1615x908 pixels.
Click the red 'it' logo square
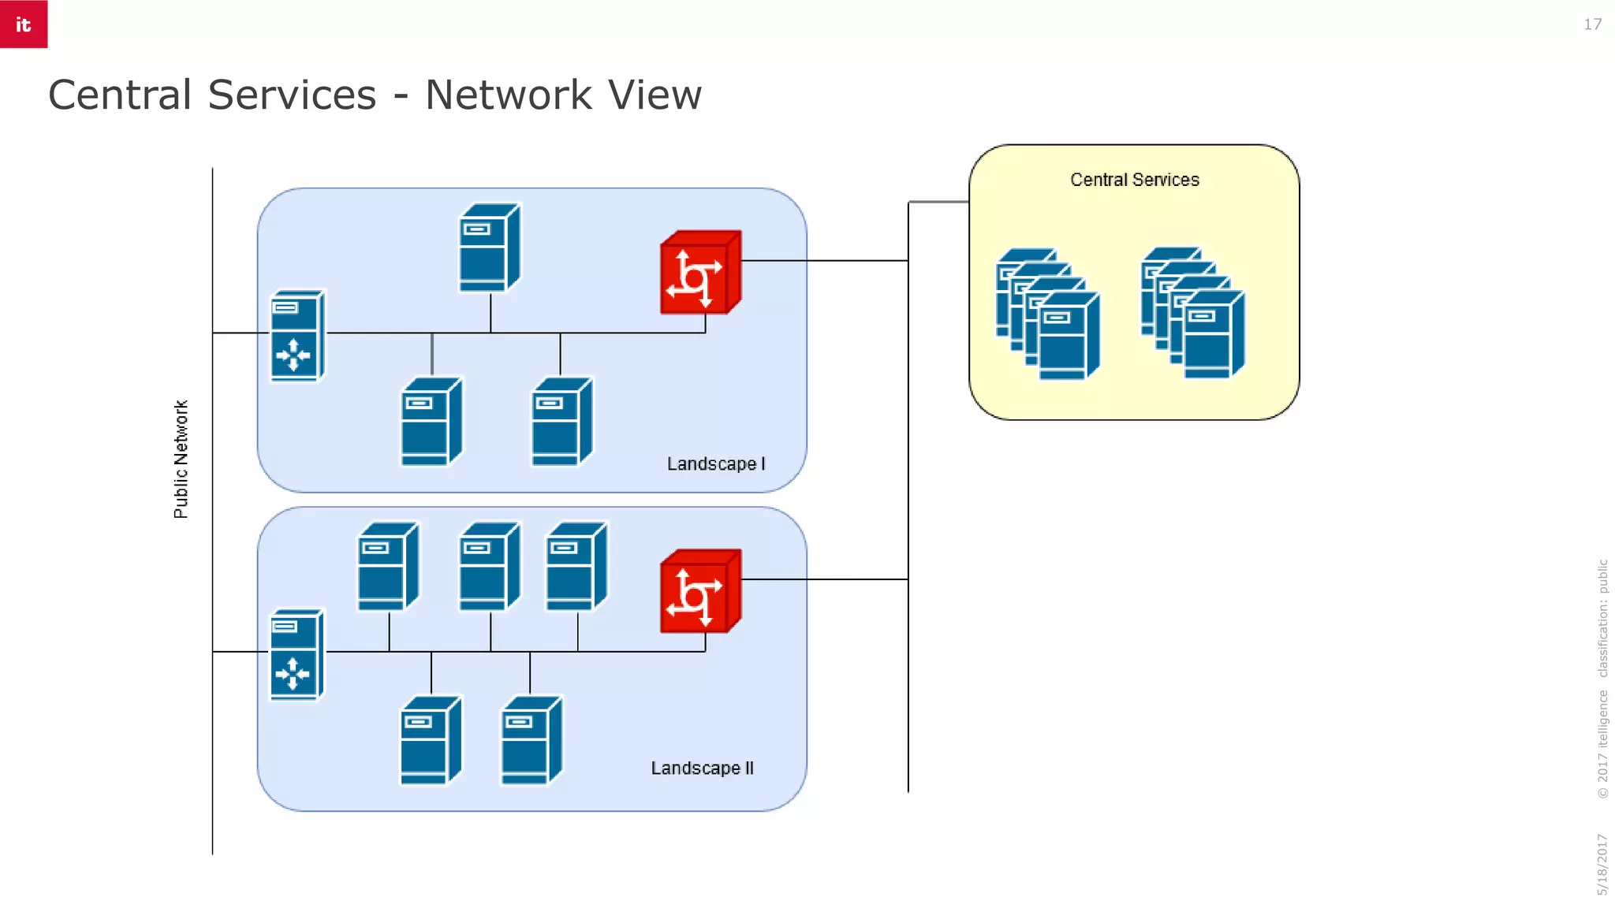coord(24,24)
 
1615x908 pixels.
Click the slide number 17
coord(1592,24)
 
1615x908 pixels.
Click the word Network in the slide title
coord(508,95)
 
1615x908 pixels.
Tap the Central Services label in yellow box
coord(1134,180)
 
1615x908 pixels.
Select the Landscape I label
coord(715,463)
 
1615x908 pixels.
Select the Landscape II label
coord(702,768)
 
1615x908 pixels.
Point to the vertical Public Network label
coord(181,459)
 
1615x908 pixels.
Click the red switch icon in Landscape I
coord(700,273)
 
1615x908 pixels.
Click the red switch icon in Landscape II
coord(700,591)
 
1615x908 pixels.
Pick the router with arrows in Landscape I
coord(297,337)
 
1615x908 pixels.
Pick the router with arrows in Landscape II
coord(297,655)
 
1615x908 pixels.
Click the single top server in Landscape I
coord(489,248)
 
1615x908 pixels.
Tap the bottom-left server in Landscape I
coord(431,422)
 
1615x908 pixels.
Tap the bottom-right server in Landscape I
coord(561,422)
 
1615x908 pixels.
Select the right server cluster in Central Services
coord(1192,313)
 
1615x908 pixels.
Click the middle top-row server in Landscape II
coord(489,567)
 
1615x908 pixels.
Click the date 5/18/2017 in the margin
coord(1602,864)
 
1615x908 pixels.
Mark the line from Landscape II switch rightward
coord(824,579)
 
